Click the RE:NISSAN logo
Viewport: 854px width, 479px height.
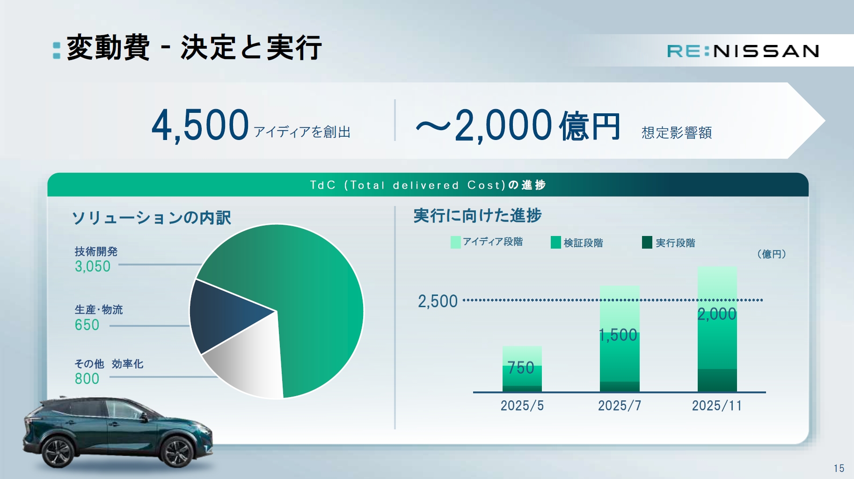pos(743,51)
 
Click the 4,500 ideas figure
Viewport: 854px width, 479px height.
pos(200,125)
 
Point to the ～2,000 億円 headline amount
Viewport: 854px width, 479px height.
pos(518,125)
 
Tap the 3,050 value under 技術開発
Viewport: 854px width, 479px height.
pos(93,266)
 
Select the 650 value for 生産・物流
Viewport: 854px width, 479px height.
pos(87,325)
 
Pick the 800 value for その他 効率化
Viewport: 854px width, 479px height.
pos(87,379)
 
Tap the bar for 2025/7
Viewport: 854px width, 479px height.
pos(620,339)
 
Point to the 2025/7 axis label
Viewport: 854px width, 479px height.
pos(620,405)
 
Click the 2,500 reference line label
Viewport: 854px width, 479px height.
pos(438,301)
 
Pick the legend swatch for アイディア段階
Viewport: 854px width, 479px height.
pos(455,242)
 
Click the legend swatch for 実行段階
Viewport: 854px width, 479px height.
pos(647,242)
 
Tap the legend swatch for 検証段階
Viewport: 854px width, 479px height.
pos(556,242)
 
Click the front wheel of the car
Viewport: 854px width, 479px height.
pos(176,451)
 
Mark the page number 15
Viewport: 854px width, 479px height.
pos(839,468)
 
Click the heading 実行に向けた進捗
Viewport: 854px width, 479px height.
pos(477,215)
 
